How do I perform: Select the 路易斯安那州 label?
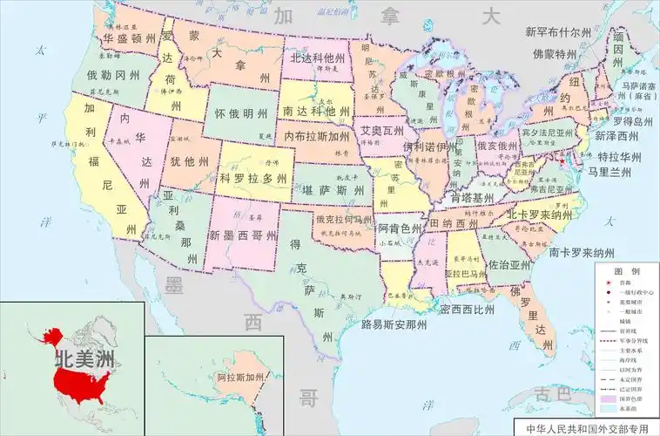[x=394, y=324]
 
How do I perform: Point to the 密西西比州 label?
[x=467, y=309]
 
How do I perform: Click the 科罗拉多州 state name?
[x=253, y=178]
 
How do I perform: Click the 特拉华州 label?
[x=619, y=157]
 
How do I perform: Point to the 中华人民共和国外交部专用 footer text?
[x=587, y=428]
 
